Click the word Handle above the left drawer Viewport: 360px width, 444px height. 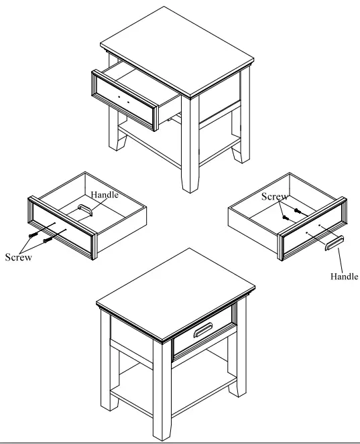(105, 195)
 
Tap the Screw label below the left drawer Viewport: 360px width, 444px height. (18, 257)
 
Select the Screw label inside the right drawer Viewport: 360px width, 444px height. (275, 197)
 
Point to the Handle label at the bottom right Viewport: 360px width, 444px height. (345, 275)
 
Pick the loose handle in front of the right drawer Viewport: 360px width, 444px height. (334, 243)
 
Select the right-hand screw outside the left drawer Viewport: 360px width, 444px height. (47, 239)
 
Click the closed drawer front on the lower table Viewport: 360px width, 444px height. (203, 338)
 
